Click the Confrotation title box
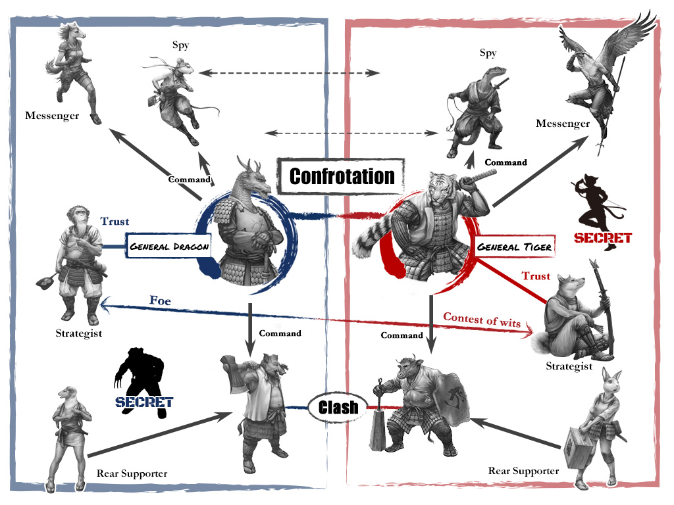[342, 176]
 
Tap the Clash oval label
[338, 407]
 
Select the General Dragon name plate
[168, 246]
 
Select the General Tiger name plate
[515, 247]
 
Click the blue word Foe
[160, 300]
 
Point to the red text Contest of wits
[482, 320]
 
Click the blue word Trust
[115, 221]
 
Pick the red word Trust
[536, 276]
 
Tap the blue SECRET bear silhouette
[143, 383]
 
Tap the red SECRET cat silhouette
[600, 212]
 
